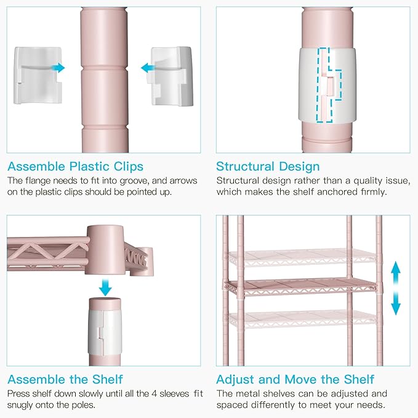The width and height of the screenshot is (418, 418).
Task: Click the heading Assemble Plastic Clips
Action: point(76,167)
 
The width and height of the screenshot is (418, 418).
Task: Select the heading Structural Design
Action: point(268,167)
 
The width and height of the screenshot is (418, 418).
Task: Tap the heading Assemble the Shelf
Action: point(65,379)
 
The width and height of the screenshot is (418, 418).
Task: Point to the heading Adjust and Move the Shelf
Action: point(295,379)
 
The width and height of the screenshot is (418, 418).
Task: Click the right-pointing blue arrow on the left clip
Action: point(58,68)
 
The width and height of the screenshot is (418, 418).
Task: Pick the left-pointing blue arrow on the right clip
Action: point(148,68)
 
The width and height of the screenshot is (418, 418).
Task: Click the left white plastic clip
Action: point(38,76)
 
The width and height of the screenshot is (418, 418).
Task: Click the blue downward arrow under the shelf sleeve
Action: point(105,287)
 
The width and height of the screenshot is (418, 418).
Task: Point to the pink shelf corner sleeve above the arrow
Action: point(105,250)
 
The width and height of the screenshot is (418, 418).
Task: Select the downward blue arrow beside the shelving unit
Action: point(396,304)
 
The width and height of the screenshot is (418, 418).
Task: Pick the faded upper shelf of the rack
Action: point(302,258)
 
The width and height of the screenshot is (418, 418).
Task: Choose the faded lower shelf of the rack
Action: point(302,319)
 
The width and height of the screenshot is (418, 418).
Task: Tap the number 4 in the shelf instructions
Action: point(154,394)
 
